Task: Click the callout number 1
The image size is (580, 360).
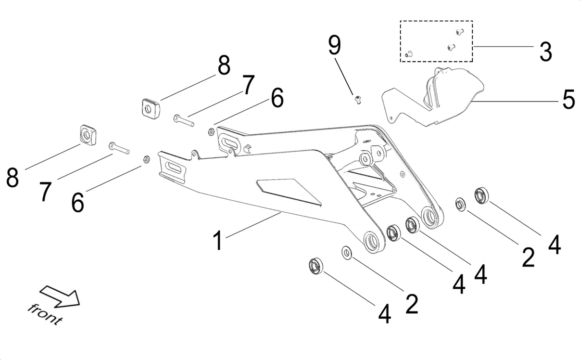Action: pos(218,240)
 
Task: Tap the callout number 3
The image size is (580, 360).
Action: pos(545,51)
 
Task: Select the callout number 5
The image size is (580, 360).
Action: pos(568,100)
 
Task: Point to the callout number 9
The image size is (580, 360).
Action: pos(334,45)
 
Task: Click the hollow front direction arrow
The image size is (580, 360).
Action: pos(59,296)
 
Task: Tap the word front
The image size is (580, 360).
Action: pos(45,314)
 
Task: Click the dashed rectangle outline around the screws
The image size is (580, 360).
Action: pos(436,22)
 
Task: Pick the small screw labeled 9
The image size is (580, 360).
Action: pos(358,99)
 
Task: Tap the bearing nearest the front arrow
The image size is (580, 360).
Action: pos(315,266)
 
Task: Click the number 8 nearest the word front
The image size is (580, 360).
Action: pos(13,178)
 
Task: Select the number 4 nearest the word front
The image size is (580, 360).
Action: pos(384,315)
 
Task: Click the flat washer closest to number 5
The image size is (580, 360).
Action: pos(460,204)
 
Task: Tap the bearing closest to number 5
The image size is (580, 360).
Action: pos(481,195)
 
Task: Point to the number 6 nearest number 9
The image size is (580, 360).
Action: pos(277,98)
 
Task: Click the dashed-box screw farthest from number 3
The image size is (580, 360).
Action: pos(409,54)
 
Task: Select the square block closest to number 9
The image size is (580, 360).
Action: pos(151,107)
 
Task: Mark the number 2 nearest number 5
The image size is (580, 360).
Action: pos(528,257)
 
